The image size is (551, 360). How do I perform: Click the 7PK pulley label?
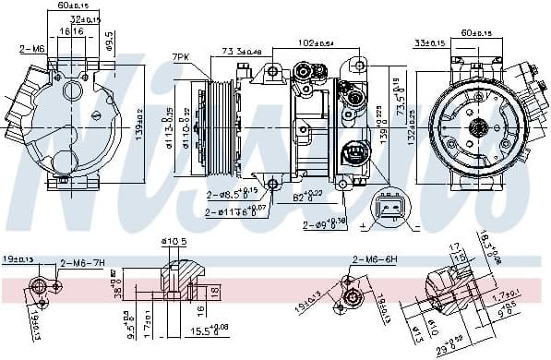(181, 57)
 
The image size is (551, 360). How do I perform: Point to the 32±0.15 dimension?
(88, 18)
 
